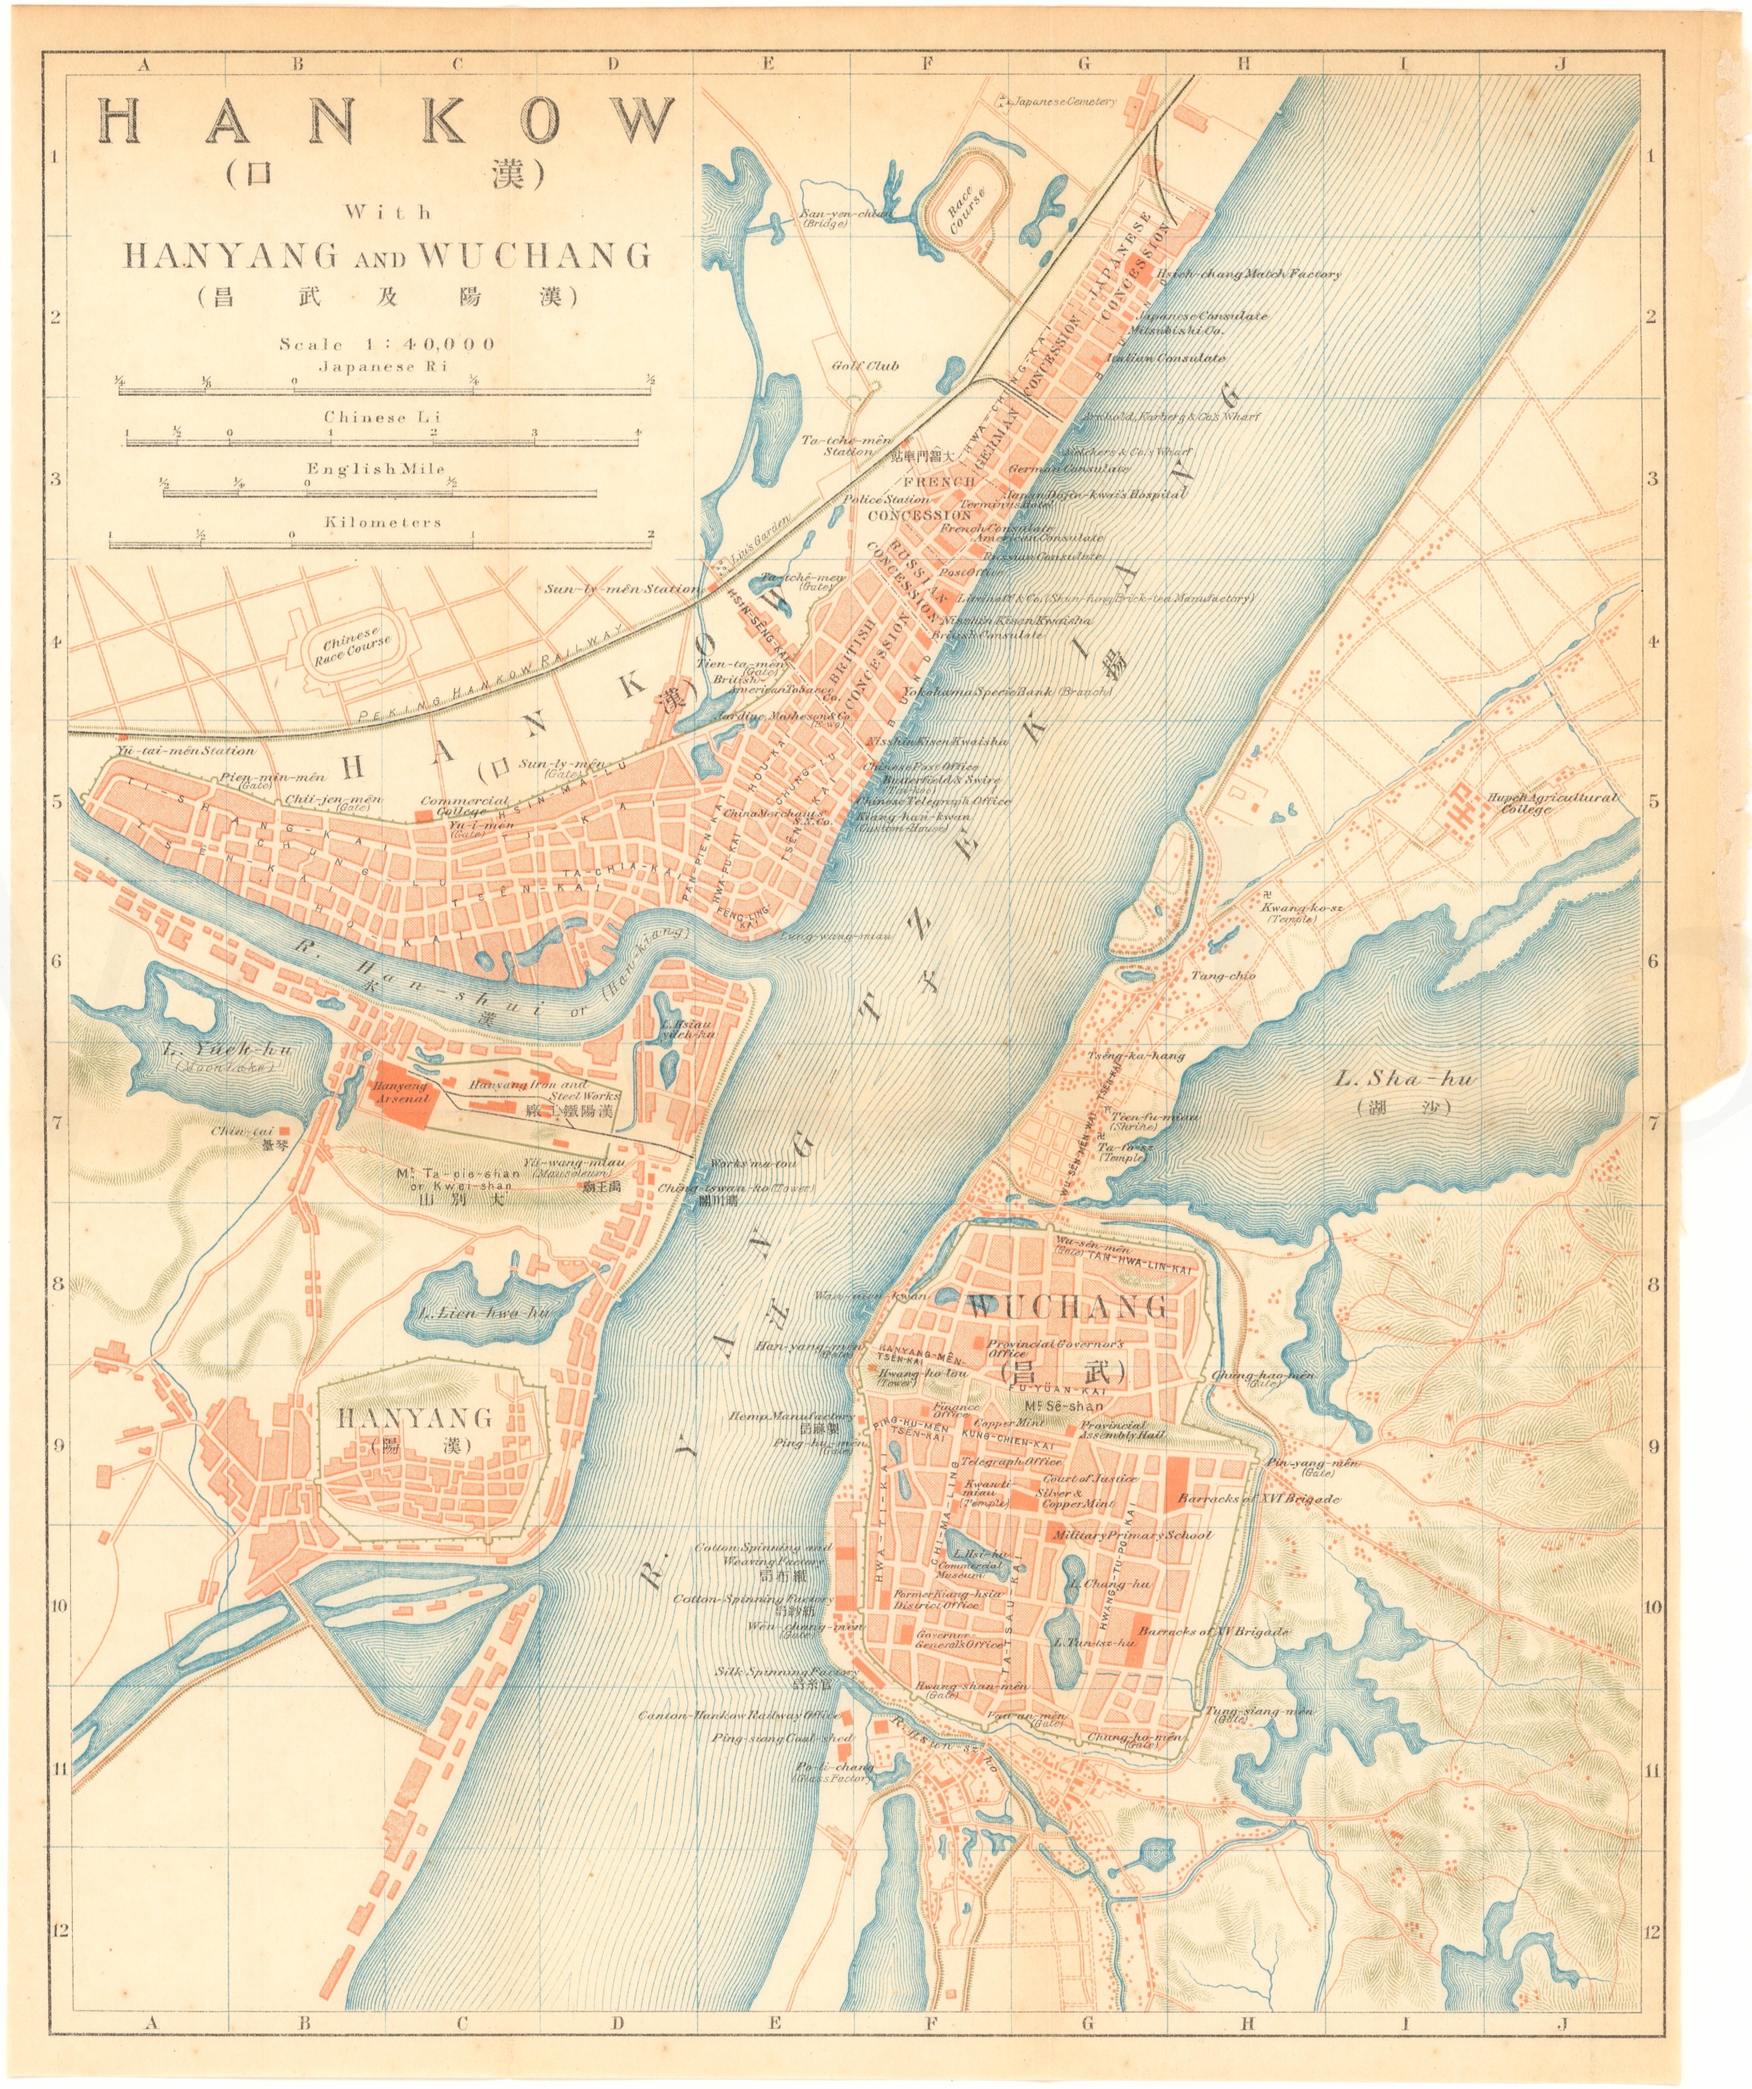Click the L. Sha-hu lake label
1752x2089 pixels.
pyautogui.click(x=1405, y=1079)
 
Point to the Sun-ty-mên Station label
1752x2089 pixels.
pyautogui.click(x=621, y=589)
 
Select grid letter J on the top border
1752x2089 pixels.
pyautogui.click(x=1559, y=64)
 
